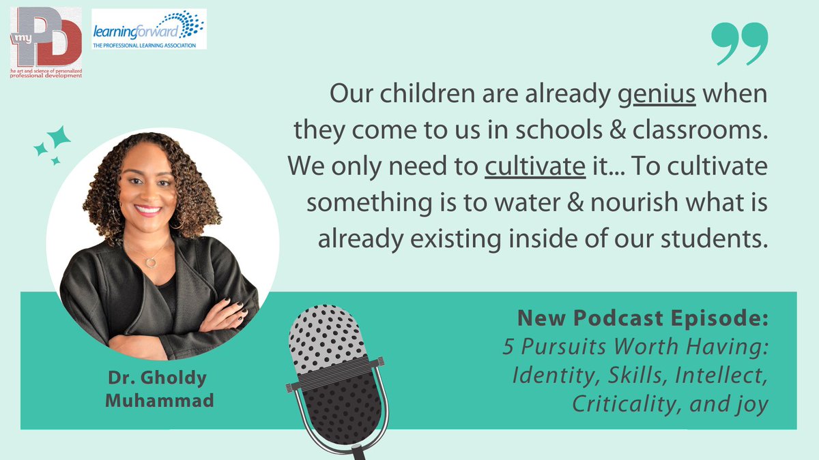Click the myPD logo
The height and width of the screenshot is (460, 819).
click(x=46, y=42)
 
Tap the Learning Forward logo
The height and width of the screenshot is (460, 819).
click(x=148, y=29)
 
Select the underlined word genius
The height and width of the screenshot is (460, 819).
click(x=657, y=95)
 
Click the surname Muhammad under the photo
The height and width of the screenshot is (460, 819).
click(x=159, y=401)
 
